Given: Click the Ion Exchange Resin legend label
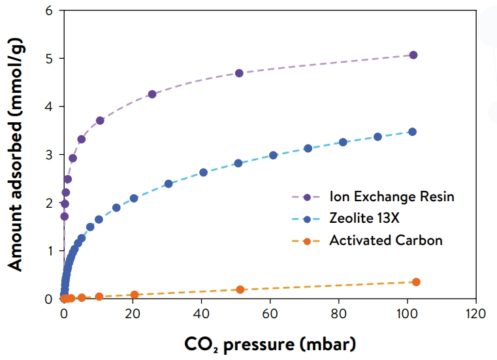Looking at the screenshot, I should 392,197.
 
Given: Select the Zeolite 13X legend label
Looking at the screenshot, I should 363,218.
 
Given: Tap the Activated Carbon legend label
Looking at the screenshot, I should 386,240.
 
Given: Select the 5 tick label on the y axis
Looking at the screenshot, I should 48,59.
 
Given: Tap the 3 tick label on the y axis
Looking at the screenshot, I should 48,155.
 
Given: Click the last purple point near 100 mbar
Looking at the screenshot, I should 413,55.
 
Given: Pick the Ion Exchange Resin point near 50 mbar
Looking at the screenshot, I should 239,73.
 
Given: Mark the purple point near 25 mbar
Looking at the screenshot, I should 152,94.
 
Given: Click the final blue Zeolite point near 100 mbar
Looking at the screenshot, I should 412,132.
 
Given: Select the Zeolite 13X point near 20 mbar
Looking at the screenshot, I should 134,198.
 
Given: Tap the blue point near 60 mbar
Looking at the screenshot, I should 273,155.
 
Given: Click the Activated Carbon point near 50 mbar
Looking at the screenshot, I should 240,289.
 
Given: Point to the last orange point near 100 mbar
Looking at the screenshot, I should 416,282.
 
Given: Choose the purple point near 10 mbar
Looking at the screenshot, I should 100,121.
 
